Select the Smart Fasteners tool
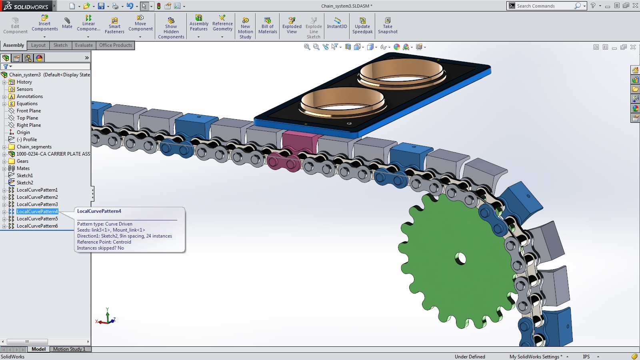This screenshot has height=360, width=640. (114, 25)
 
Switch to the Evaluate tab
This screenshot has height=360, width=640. (84, 45)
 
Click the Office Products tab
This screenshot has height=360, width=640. (116, 45)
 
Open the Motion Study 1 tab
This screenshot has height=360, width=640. (69, 349)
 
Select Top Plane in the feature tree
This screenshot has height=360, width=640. (27, 118)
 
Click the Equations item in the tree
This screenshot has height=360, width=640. (27, 104)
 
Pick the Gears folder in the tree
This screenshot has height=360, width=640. (22, 161)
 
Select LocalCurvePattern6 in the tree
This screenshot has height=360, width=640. (37, 226)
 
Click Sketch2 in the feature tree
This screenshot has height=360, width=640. (25, 183)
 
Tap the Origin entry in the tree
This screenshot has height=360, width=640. (23, 132)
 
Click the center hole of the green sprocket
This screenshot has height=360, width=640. (461, 258)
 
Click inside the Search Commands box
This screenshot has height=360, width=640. (544, 6)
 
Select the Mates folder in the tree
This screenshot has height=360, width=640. (23, 168)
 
